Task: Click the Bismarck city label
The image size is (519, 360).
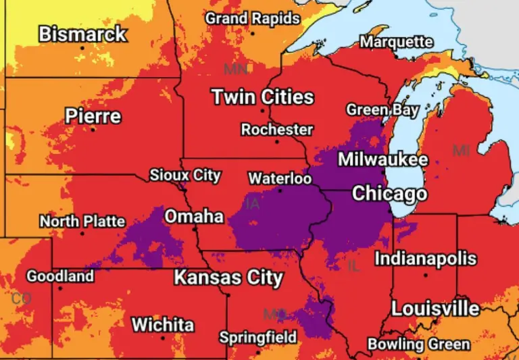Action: [x=82, y=34]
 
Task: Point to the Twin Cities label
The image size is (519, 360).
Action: [x=263, y=97]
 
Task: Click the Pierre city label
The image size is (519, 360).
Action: [x=93, y=116]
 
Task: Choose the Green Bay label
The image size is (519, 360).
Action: [x=382, y=109]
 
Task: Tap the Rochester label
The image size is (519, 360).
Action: [x=277, y=129]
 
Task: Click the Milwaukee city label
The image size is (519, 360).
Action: [x=382, y=159]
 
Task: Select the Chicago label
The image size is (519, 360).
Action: [x=389, y=194]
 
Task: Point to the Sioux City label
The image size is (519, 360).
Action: [x=185, y=176]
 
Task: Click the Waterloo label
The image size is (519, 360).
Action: [x=280, y=179]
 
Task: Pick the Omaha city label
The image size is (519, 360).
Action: [x=194, y=216]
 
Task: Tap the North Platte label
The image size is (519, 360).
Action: [x=82, y=221]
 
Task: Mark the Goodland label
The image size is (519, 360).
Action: [x=60, y=276]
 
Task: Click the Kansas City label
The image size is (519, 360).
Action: [x=228, y=278]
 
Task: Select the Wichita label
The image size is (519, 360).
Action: [x=162, y=324]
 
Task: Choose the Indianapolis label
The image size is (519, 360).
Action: [x=425, y=258]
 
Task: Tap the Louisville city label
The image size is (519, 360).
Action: [x=435, y=309]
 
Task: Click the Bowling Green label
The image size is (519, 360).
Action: [x=418, y=344]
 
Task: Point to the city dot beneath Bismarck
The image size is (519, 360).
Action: [x=83, y=49]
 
